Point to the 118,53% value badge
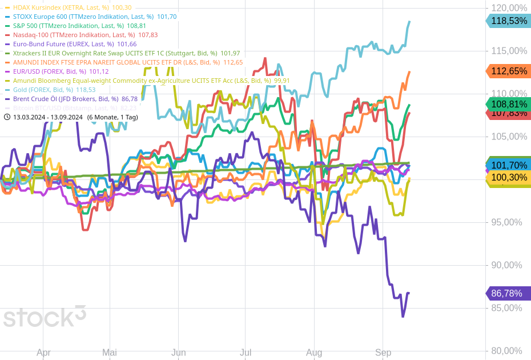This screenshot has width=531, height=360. (x=508, y=21)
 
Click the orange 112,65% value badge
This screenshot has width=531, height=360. (x=508, y=71)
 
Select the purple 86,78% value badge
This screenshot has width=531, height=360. (x=508, y=294)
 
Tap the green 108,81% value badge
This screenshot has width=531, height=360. (x=508, y=105)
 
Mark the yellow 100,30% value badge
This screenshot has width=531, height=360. (x=508, y=178)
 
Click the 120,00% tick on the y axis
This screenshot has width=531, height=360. (x=509, y=8)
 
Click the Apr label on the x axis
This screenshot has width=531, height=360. (x=44, y=353)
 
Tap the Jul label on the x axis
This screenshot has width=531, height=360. (x=247, y=353)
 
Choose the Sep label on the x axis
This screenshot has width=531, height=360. (x=383, y=353)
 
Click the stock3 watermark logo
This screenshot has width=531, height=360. (x=45, y=317)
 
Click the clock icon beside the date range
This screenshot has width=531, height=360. (x=7, y=117)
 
